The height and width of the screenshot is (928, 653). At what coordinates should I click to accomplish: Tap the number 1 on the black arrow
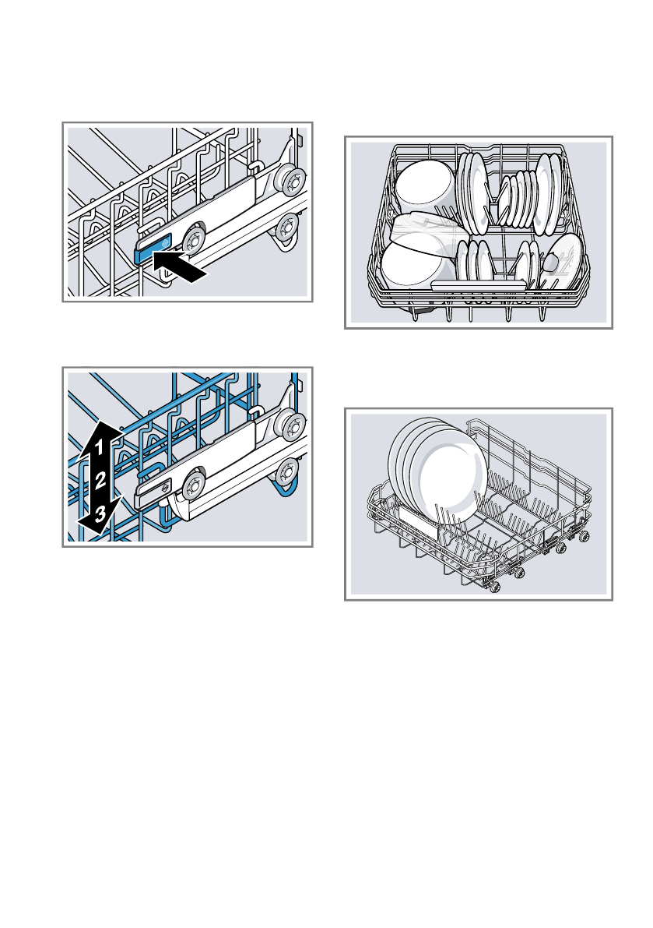click(x=100, y=446)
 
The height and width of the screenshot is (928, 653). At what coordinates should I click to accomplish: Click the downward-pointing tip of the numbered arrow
click(x=88, y=531)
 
